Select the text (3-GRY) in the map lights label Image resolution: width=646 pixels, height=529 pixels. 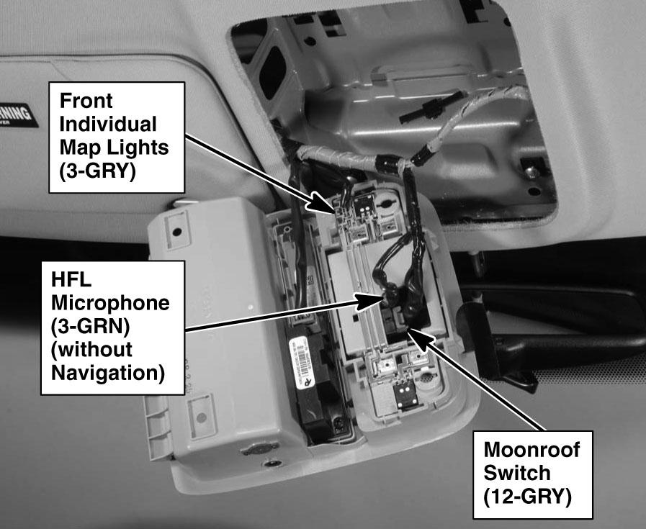97,173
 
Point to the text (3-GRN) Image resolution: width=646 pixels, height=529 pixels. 91,327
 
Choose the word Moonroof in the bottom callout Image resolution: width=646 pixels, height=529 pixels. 531,451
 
